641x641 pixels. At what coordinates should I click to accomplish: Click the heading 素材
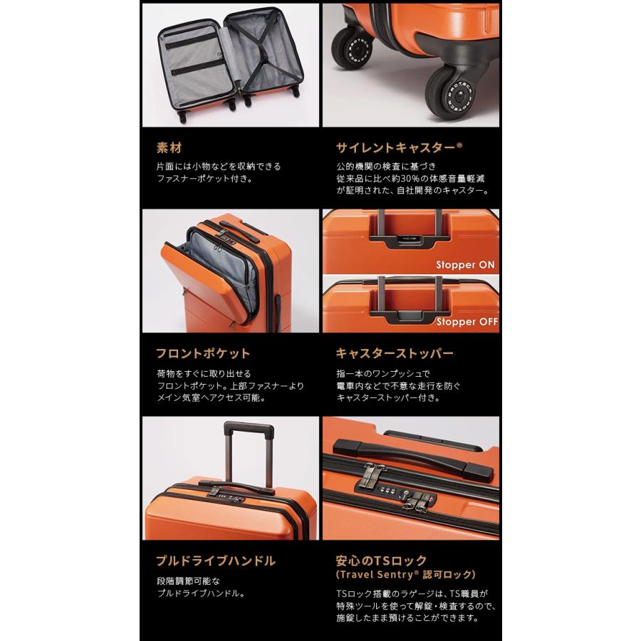(x=169, y=149)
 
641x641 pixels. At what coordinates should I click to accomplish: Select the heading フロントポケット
(x=203, y=354)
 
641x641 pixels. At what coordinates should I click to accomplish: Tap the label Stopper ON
(x=466, y=264)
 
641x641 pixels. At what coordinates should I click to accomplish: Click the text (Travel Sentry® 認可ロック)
(x=406, y=574)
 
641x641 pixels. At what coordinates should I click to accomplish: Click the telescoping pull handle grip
(x=249, y=430)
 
